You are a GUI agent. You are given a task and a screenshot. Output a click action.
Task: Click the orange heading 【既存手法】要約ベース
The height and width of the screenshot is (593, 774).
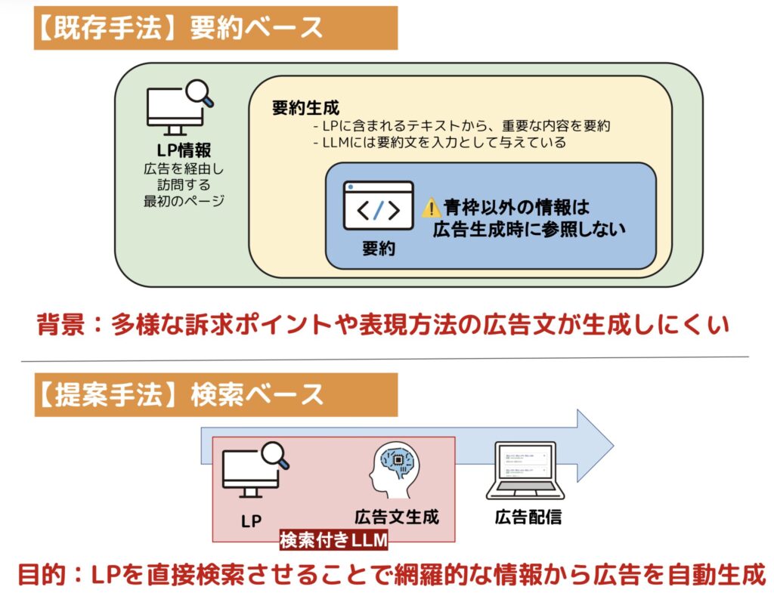pos(215,28)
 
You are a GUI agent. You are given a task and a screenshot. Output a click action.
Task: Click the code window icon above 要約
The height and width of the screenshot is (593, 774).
pos(378,205)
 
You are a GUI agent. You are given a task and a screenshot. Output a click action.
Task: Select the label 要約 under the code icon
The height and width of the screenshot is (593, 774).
pos(378,249)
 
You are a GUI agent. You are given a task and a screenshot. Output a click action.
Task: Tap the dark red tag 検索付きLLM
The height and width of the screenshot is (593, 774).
pos(333,541)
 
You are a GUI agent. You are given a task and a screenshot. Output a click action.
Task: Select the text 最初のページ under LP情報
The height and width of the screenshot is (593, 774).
pos(184,201)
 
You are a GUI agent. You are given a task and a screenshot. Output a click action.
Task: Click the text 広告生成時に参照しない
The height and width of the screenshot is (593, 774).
pos(529,229)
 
